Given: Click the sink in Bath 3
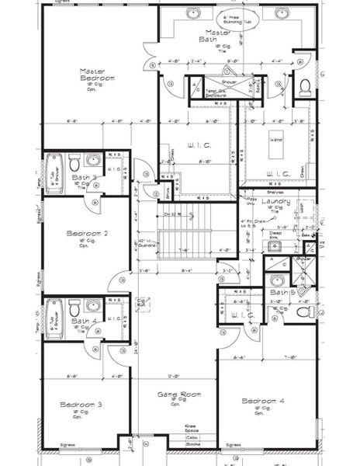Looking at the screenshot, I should (x=93, y=162).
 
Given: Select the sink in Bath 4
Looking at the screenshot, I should (x=93, y=306).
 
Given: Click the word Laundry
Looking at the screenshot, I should (x=276, y=202).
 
